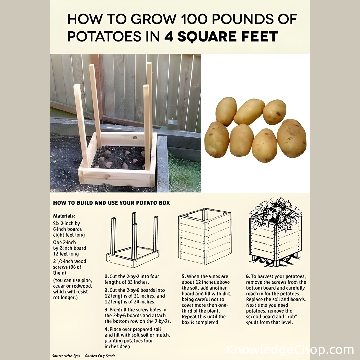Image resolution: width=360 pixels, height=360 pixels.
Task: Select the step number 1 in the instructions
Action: coord(106,276)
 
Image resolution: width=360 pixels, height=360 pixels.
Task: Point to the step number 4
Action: coord(106,329)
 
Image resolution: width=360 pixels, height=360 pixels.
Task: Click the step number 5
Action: coord(183,276)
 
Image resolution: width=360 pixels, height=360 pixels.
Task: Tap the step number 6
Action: coord(248,276)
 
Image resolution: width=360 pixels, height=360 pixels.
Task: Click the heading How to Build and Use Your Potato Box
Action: coord(111,203)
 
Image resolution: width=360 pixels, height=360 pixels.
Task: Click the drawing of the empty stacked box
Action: coord(205,236)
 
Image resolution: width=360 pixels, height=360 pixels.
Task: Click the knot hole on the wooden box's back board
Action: coord(135,138)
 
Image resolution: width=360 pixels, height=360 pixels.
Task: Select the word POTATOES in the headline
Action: coord(104,37)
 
